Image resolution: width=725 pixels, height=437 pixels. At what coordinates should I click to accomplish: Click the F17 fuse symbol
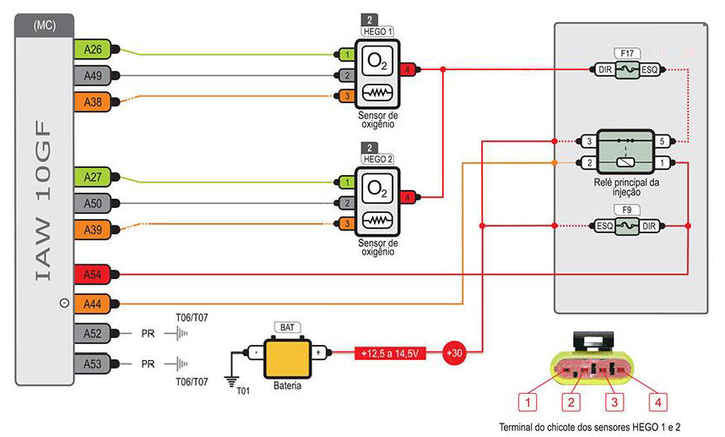(x=627, y=70)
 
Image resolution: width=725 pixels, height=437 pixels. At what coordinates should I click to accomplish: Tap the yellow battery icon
(x=284, y=354)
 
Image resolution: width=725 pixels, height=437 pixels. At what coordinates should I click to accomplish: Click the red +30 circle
(x=455, y=352)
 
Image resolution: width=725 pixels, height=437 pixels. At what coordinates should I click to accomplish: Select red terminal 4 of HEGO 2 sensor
(x=408, y=198)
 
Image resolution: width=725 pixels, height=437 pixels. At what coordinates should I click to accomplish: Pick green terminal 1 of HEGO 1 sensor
(x=347, y=55)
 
